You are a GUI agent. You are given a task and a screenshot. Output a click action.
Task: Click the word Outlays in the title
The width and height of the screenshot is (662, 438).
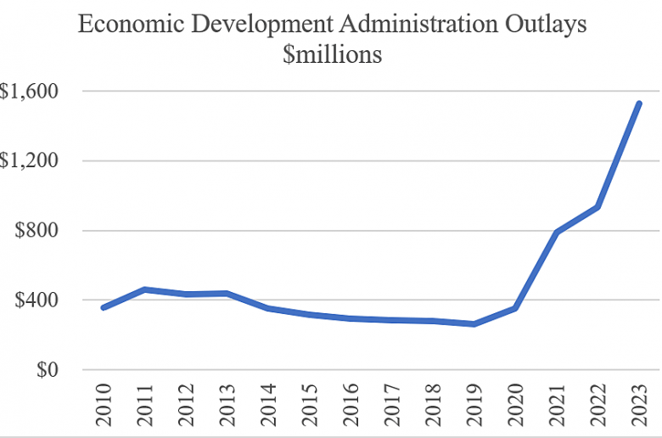pos(551,24)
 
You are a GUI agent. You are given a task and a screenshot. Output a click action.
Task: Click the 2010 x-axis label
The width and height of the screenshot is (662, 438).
pos(104,406)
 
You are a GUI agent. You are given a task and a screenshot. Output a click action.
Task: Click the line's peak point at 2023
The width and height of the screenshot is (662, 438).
pos(638,104)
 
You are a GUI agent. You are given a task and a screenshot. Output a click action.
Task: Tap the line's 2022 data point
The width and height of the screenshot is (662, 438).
pos(597,207)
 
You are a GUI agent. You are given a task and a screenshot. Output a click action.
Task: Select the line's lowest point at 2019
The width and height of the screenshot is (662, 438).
pos(474,324)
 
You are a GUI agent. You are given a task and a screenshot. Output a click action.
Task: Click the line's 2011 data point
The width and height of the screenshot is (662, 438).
pos(145,289)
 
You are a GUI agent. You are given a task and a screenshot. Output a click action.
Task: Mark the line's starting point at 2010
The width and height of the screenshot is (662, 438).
pos(104,307)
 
